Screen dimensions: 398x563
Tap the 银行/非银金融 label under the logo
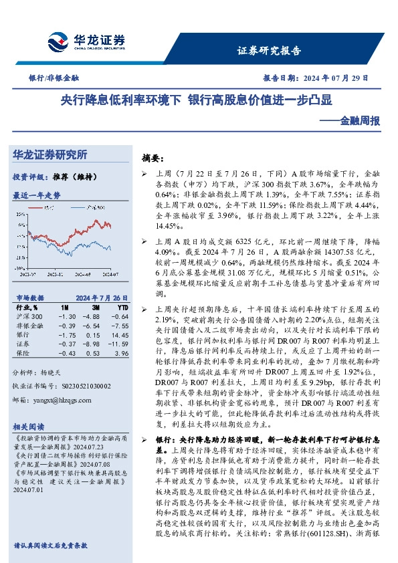click(x=49, y=78)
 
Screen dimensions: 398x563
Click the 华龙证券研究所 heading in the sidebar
click(x=50, y=155)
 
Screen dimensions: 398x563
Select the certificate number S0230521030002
click(x=76, y=386)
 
